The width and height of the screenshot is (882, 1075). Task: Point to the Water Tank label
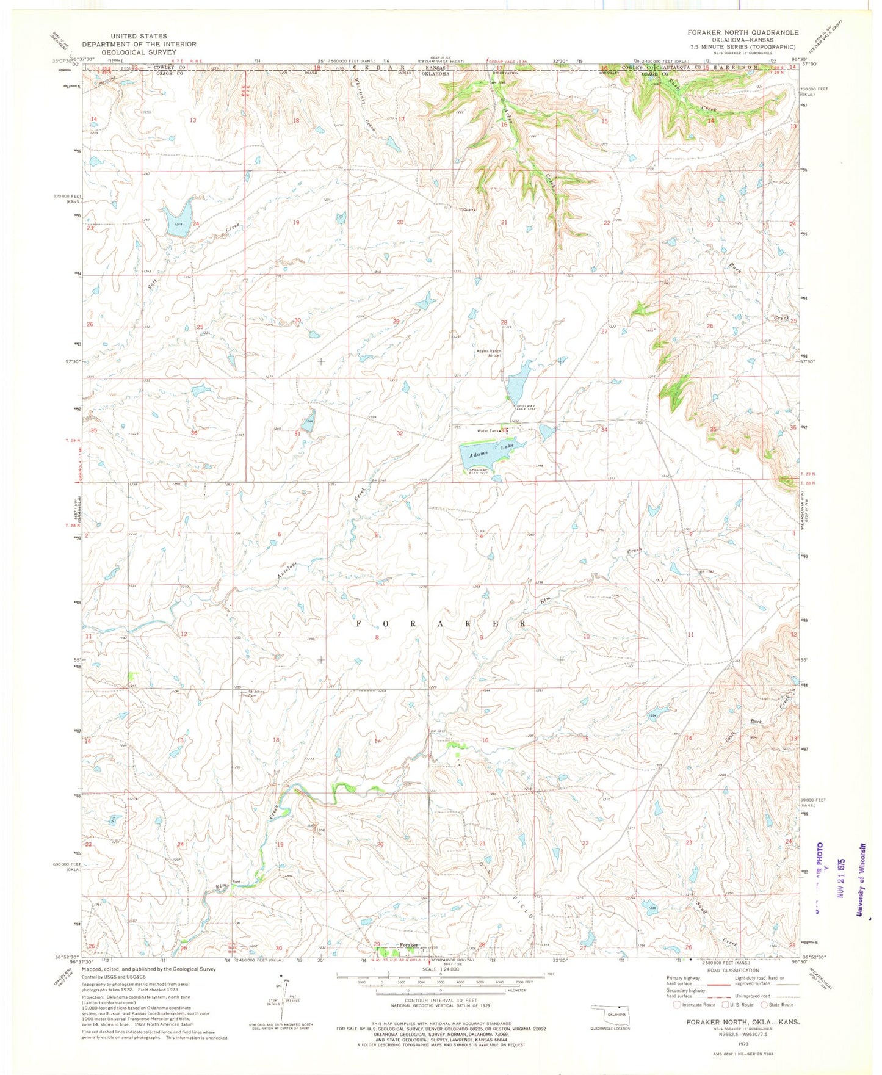[x=488, y=431]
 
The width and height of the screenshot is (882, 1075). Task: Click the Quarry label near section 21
[x=469, y=209]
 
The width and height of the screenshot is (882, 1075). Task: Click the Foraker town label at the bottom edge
[x=408, y=946]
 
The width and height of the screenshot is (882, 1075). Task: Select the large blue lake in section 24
[x=178, y=215]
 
